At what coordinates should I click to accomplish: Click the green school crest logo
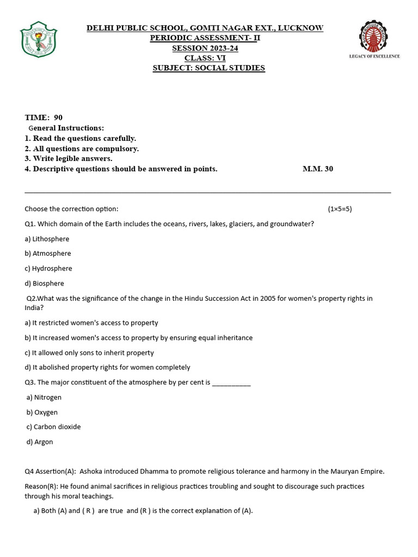(x=39, y=39)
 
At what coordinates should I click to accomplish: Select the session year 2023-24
(x=220, y=48)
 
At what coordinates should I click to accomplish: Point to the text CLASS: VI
(x=205, y=58)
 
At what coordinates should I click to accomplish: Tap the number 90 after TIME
(x=58, y=117)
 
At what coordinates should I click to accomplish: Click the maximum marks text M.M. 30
(x=318, y=169)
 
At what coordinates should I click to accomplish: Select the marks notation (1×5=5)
(x=340, y=209)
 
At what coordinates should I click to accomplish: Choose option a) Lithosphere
(x=47, y=239)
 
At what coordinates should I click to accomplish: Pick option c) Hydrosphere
(x=48, y=268)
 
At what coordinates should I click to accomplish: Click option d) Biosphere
(x=44, y=283)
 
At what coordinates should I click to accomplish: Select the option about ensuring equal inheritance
(x=139, y=338)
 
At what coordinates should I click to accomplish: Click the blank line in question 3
(x=231, y=383)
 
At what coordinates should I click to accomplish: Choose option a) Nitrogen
(x=44, y=398)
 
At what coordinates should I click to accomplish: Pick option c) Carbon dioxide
(x=53, y=427)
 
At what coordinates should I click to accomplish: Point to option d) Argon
(x=40, y=442)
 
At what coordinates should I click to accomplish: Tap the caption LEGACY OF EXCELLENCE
(x=374, y=56)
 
